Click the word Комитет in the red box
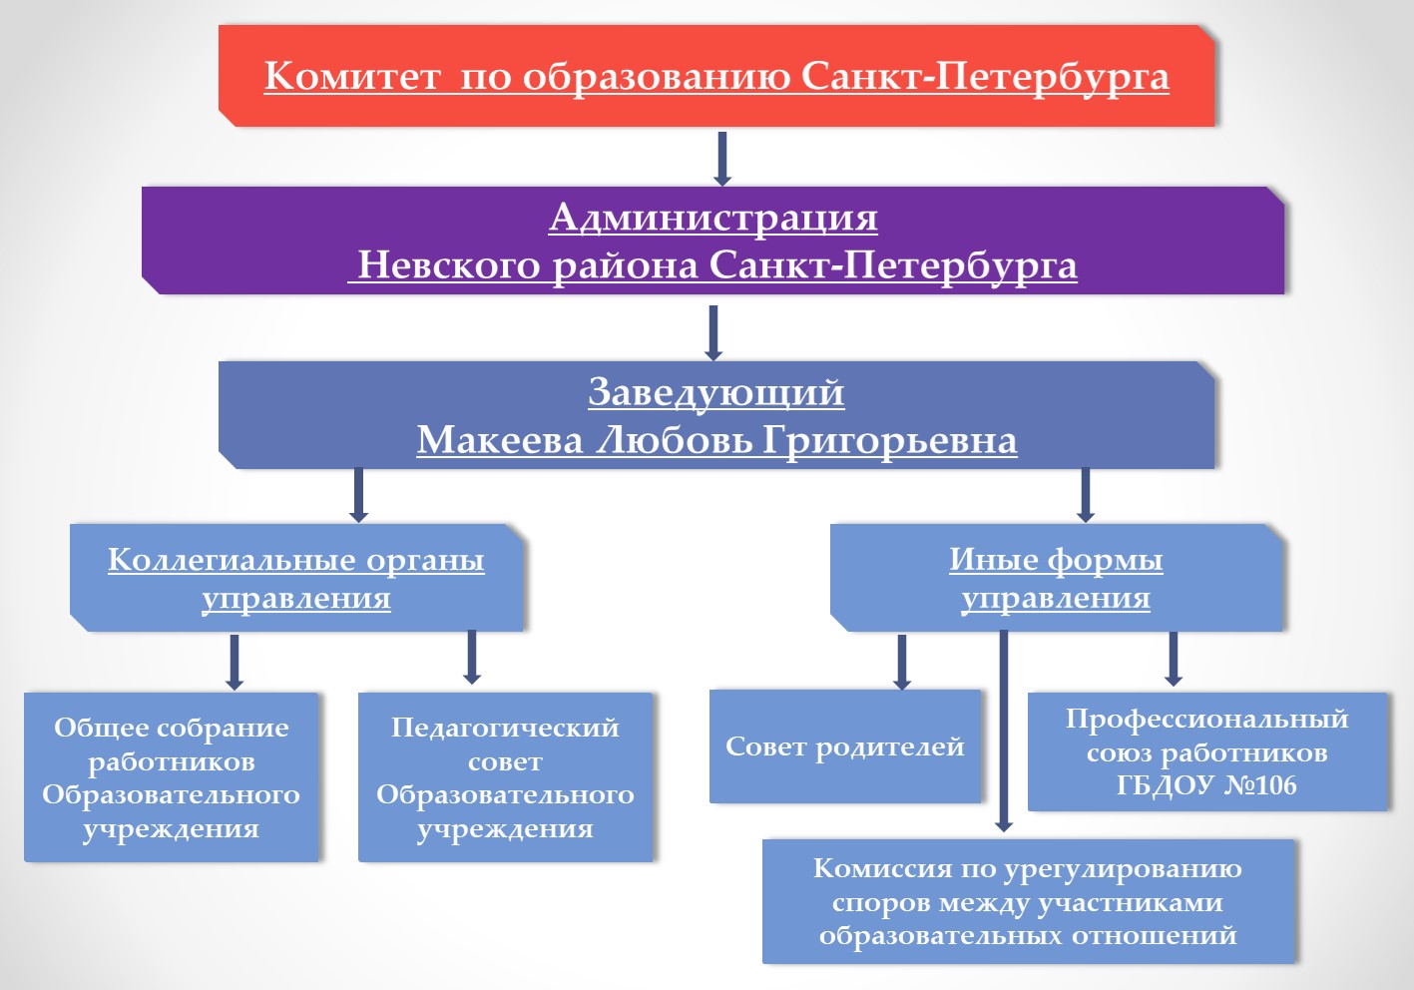tap(351, 76)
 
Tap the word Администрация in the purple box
tap(712, 217)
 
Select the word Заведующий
tap(715, 392)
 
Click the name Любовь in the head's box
tap(674, 440)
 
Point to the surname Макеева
tap(500, 440)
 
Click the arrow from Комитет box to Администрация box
tap(722, 158)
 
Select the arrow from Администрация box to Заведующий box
tap(712, 331)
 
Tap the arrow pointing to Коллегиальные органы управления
tap(358, 495)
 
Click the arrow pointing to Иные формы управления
tap(1086, 495)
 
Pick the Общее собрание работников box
tap(171, 777)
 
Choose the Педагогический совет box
tap(505, 777)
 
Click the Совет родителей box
tap(844, 746)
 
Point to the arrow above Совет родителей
tap(902, 661)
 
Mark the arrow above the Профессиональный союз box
tap(1174, 659)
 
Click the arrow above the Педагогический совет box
tap(472, 657)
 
